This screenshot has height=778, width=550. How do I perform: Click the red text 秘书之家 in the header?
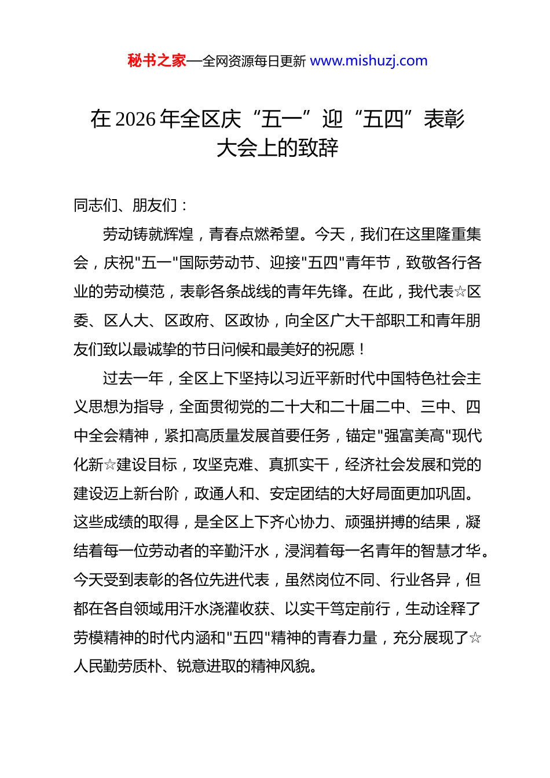point(157,60)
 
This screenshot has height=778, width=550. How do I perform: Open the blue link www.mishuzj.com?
point(369,60)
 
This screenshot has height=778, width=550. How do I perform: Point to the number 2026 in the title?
point(136,119)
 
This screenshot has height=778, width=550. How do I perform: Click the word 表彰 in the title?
point(444,119)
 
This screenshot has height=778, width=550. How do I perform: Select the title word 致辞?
point(318,148)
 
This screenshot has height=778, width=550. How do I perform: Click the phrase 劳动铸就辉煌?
point(148,234)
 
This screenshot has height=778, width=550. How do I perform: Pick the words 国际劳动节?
point(217,263)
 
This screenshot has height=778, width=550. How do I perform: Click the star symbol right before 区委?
point(460,292)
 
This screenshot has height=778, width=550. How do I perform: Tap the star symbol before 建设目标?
point(110,465)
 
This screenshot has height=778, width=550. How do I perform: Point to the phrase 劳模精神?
point(103,638)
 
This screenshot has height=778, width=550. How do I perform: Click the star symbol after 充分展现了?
point(475,638)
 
